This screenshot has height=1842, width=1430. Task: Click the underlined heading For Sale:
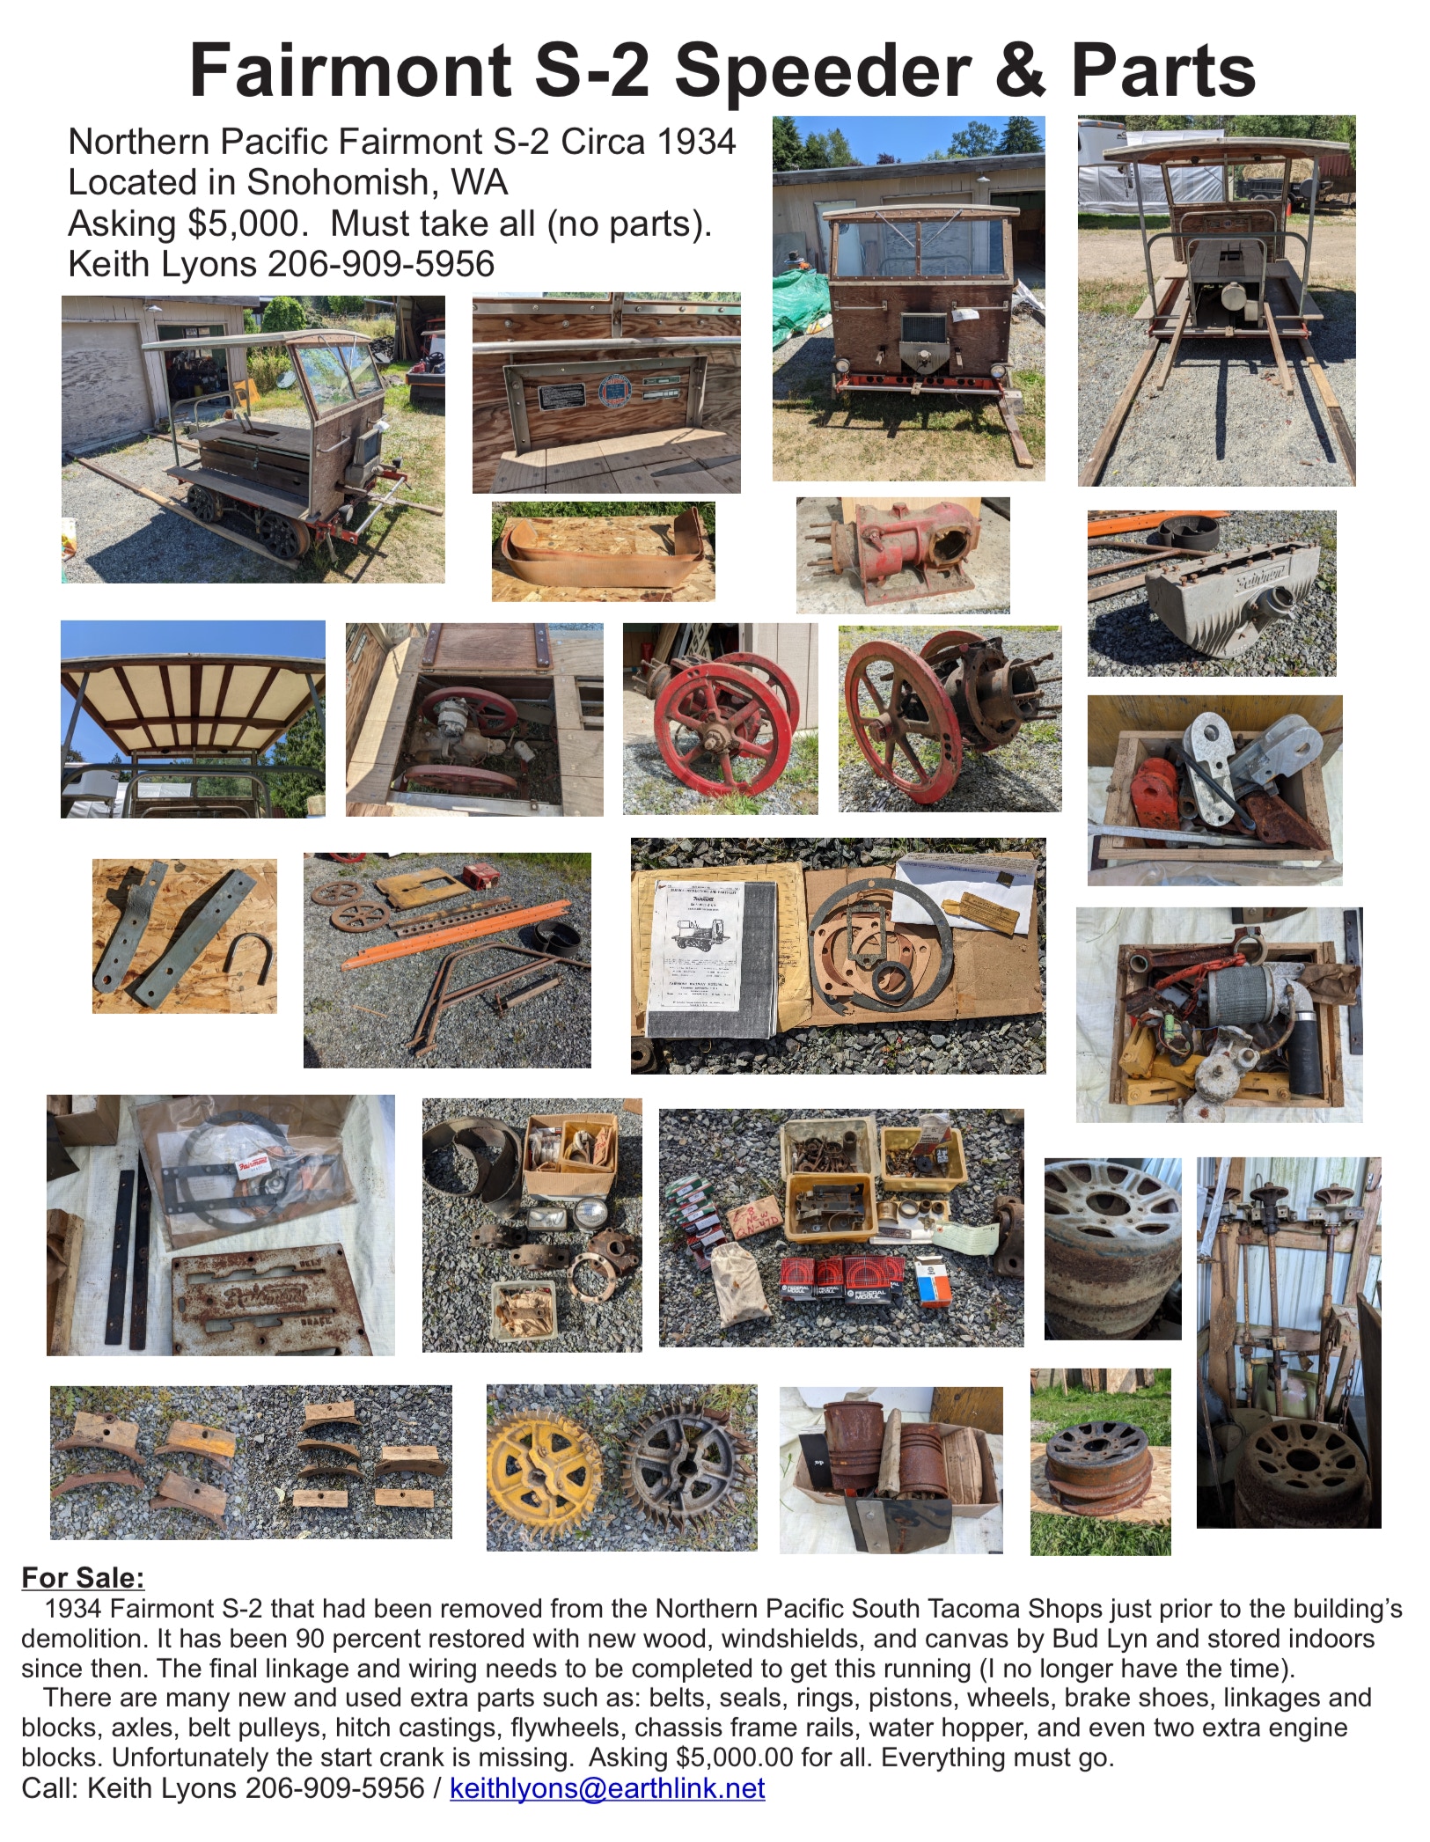[83, 1577]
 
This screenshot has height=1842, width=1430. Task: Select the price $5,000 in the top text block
[248, 224]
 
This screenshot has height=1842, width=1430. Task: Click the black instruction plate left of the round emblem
[561, 396]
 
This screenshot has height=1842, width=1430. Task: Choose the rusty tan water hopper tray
[602, 550]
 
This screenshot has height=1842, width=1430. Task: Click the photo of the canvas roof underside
[193, 719]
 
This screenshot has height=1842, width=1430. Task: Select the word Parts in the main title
[1162, 70]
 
